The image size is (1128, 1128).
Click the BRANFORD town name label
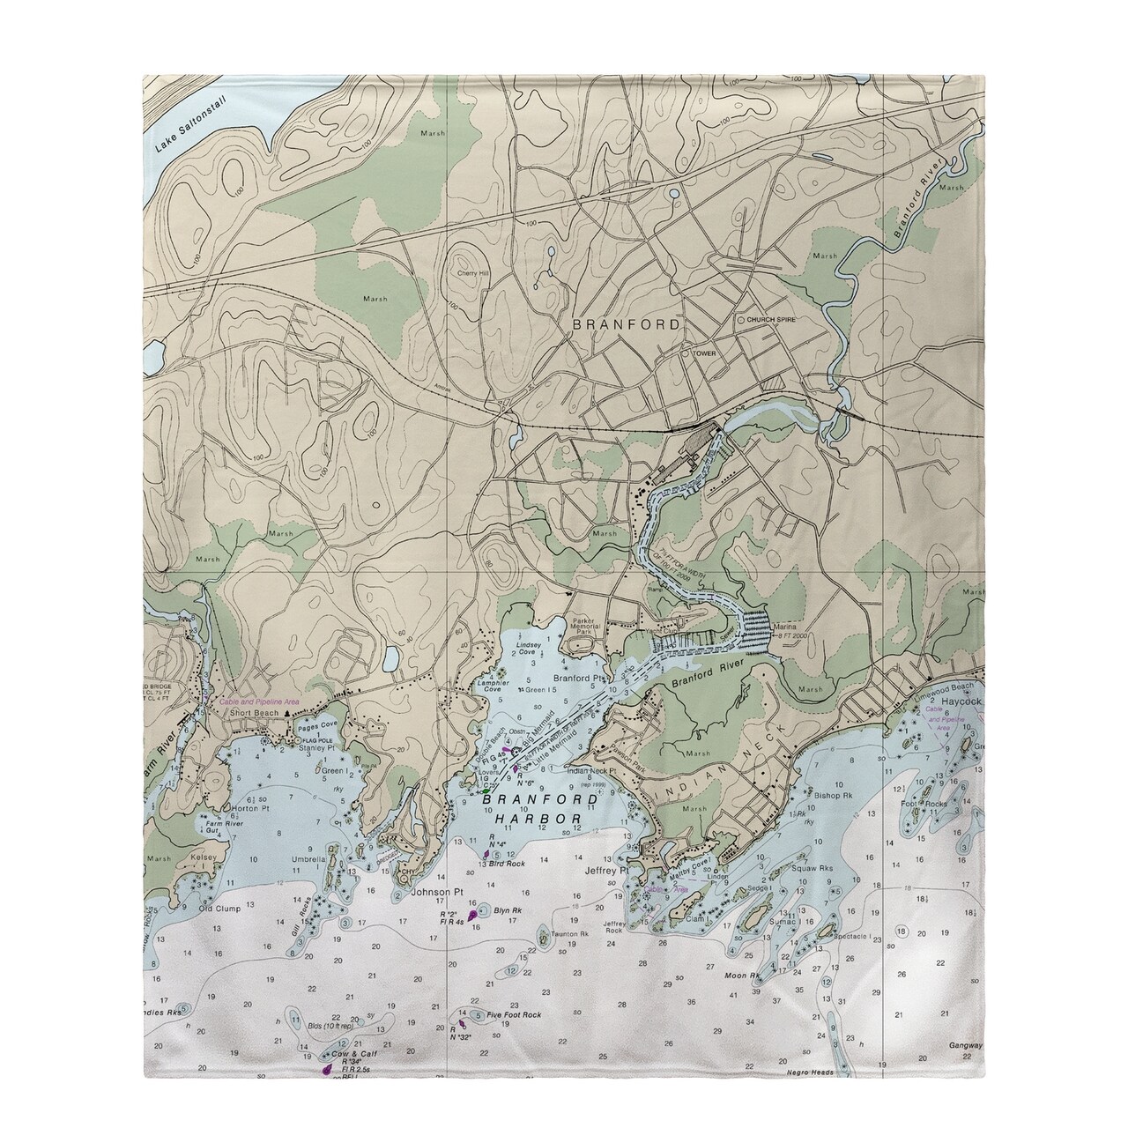627,324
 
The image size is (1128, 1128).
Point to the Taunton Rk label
568,933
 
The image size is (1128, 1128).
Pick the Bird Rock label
508,865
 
